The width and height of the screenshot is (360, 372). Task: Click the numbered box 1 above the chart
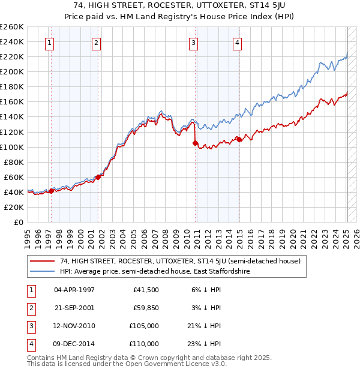[49, 43]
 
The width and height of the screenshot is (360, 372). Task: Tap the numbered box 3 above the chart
[194, 43]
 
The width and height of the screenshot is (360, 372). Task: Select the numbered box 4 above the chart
[238, 43]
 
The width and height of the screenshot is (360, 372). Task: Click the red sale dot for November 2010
[195, 143]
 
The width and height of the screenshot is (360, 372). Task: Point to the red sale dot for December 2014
[239, 139]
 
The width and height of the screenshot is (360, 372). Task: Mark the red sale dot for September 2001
[98, 177]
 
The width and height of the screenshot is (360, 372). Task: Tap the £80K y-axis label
[14, 162]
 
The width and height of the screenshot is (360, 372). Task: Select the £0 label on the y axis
[18, 222]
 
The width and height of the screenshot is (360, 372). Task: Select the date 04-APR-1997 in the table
[74, 290]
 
